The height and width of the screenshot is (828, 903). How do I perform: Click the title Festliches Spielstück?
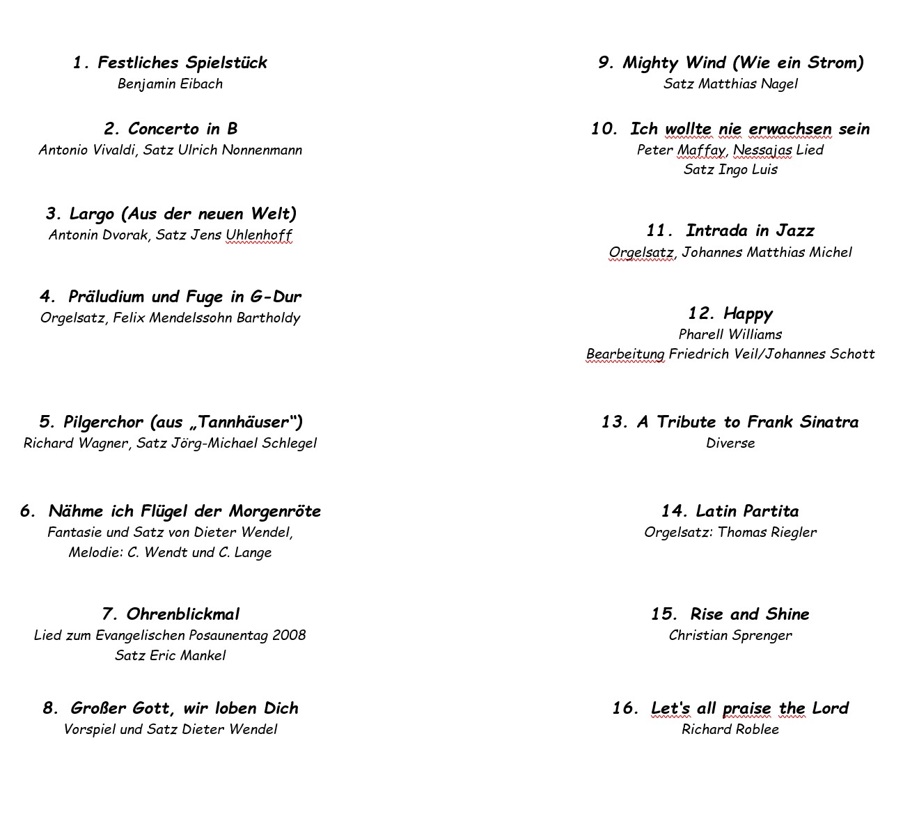click(x=182, y=63)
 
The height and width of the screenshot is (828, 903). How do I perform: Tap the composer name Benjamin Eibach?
click(x=170, y=84)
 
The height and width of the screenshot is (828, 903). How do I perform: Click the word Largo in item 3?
click(x=92, y=214)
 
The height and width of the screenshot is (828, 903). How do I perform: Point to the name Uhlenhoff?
click(x=258, y=235)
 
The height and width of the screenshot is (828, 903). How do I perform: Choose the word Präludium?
click(x=107, y=297)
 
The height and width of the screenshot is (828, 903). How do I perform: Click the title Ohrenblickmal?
click(x=182, y=614)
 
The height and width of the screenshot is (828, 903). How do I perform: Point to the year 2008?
click(x=289, y=635)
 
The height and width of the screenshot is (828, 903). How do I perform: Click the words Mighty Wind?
click(x=674, y=63)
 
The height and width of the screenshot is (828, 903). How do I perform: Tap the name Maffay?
click(x=701, y=150)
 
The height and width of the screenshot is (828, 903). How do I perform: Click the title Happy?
click(x=748, y=314)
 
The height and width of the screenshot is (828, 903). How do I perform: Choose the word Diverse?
click(x=730, y=443)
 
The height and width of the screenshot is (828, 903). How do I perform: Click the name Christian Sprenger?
click(x=730, y=635)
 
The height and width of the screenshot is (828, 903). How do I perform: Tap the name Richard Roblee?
click(x=730, y=729)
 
